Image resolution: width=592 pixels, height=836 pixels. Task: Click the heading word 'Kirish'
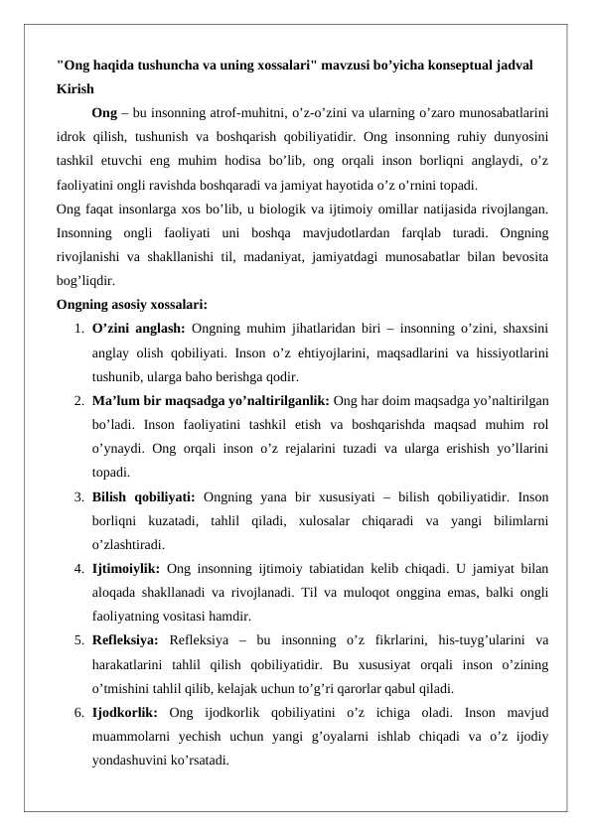pos(75,87)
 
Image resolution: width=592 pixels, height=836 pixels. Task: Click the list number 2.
pos(76,401)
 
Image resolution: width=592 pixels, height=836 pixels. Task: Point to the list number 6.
pos(76,713)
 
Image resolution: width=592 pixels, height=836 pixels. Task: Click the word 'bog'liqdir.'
pos(85,281)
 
